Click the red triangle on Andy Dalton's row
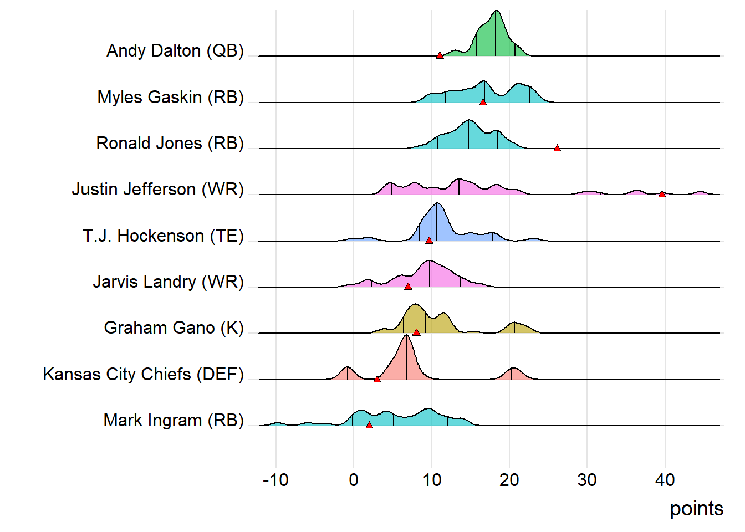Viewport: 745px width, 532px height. click(440, 55)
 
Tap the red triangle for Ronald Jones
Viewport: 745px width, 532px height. click(557, 148)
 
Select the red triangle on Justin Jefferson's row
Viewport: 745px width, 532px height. click(662, 194)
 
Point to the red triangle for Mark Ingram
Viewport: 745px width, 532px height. click(369, 425)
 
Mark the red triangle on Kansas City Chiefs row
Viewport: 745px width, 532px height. click(377, 379)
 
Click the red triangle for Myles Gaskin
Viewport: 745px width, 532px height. click(483, 102)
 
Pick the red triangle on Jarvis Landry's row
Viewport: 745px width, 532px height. click(408, 287)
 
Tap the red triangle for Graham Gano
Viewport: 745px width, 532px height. click(416, 332)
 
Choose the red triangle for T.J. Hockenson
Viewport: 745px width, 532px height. click(429, 241)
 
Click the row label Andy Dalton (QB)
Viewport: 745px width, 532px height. click(175, 50)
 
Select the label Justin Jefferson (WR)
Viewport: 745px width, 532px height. click(157, 189)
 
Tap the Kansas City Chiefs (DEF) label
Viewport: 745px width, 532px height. click(143, 374)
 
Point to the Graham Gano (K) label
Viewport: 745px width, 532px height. click(174, 328)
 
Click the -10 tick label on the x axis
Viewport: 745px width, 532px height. click(275, 480)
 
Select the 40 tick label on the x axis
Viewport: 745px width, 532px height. click(665, 480)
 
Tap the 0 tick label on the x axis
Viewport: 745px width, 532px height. click(354, 480)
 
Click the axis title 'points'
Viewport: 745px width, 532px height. click(696, 509)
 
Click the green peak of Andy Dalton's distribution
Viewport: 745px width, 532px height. click(496, 22)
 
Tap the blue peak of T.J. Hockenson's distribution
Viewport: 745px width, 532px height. click(437, 213)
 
